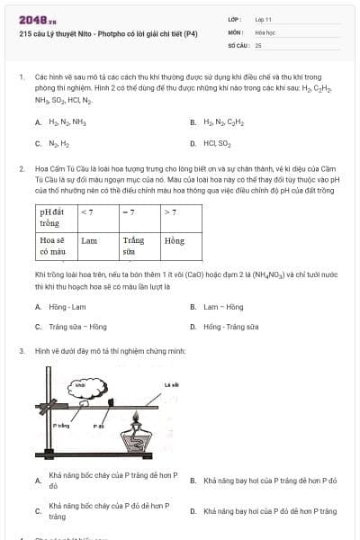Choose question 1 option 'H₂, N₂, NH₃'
(65, 121)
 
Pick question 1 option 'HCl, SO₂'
(217, 143)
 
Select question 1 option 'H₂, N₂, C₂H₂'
(223, 121)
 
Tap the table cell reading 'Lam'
(89, 241)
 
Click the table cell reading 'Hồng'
(174, 241)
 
